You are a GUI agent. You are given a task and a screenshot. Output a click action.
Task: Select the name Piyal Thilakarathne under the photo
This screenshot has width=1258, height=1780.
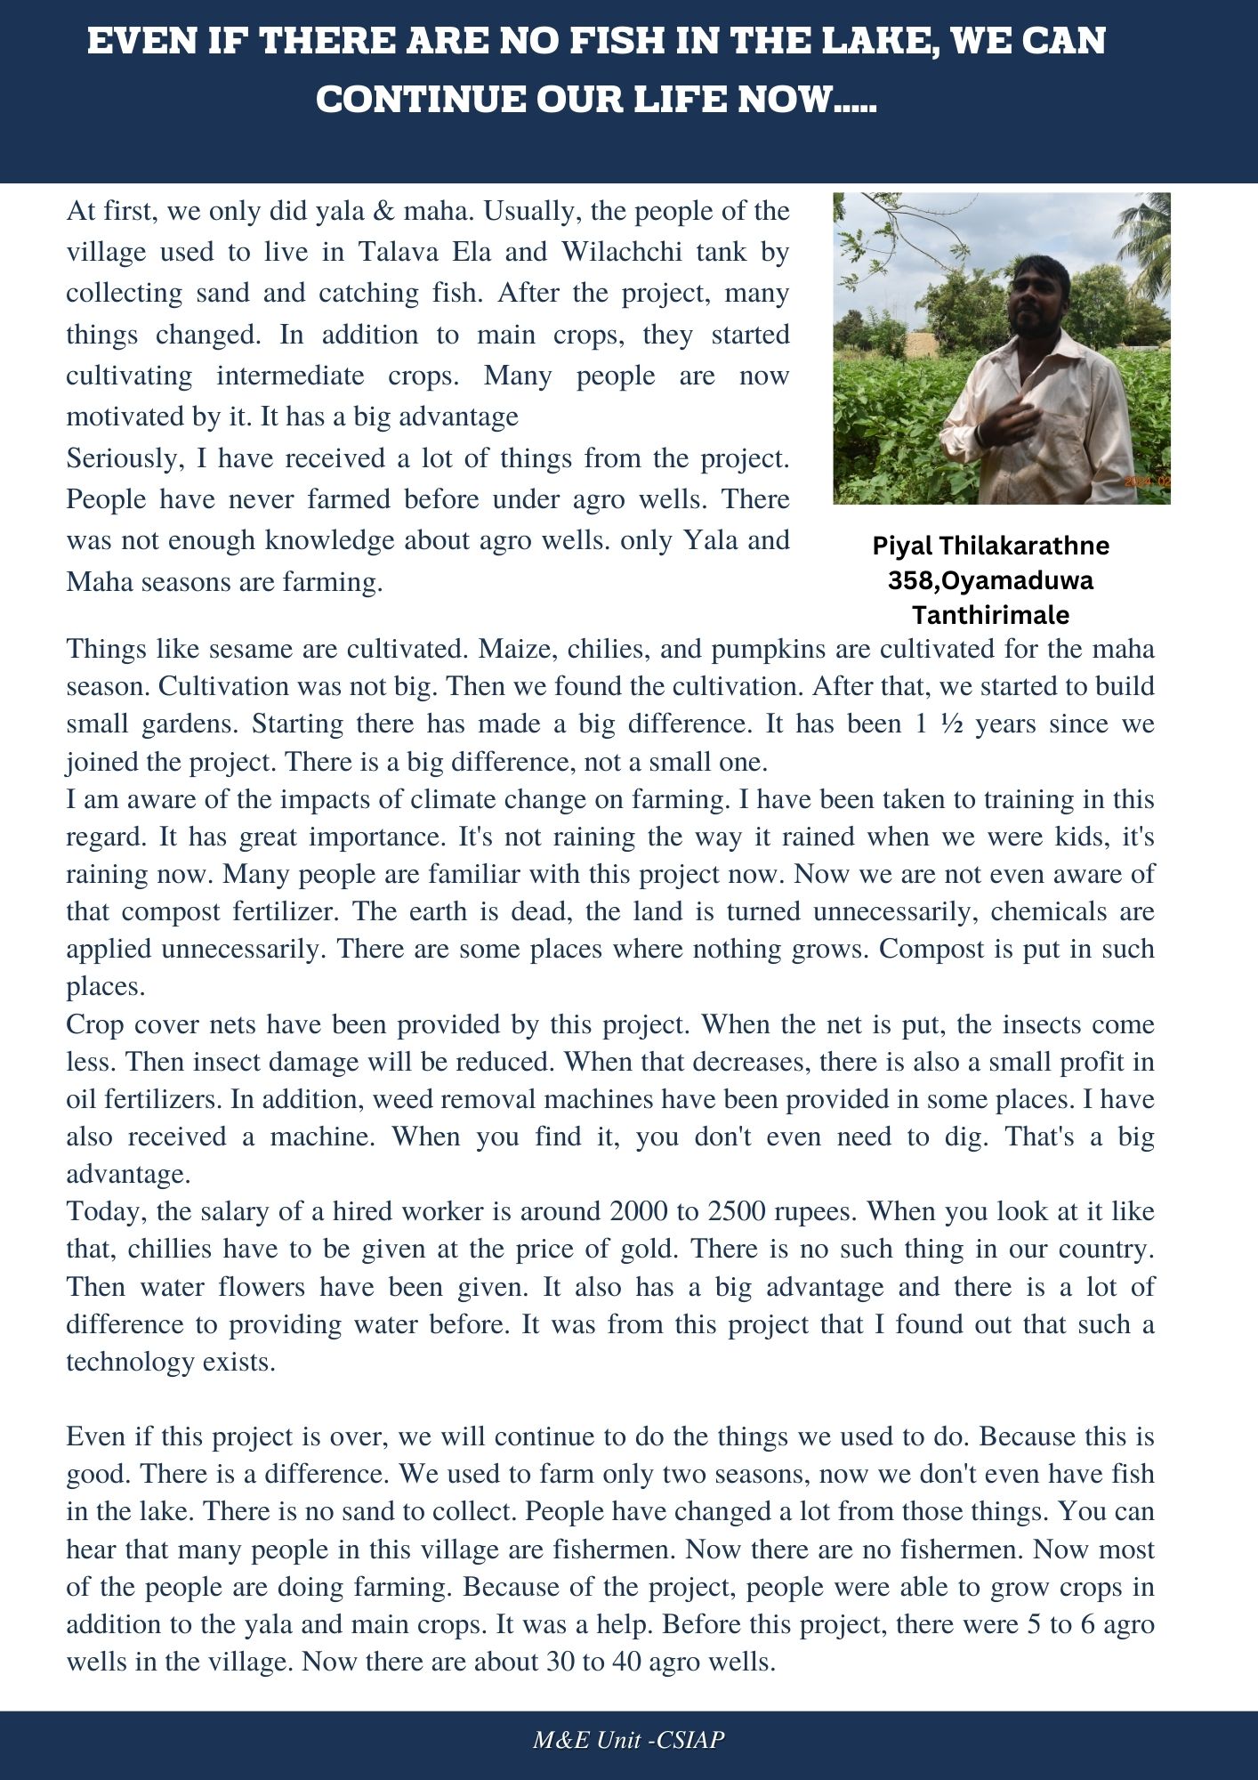pos(990,545)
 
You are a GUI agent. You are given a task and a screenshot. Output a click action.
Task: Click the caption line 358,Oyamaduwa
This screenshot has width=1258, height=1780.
pos(990,580)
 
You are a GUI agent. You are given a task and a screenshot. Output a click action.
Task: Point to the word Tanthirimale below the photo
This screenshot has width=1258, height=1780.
pos(990,615)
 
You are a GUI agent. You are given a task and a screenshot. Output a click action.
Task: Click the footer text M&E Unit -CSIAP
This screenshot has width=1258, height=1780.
pos(628,1740)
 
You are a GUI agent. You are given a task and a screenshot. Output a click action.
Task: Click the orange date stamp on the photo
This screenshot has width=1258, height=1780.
pos(1147,481)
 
